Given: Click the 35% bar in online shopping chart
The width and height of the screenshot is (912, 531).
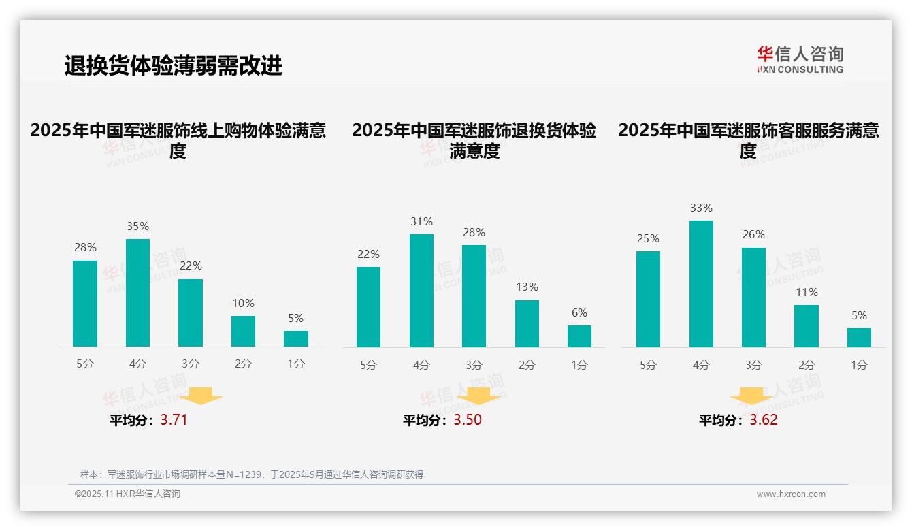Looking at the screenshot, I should [137, 293].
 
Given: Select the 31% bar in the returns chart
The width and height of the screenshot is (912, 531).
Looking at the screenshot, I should [421, 291].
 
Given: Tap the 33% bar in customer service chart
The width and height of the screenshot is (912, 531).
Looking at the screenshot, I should [701, 284].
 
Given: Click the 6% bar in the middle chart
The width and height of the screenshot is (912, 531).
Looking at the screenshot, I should [579, 336].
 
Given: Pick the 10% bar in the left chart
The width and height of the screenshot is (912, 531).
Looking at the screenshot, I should [243, 332].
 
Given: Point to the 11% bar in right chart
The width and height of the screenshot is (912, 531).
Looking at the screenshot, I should [807, 326].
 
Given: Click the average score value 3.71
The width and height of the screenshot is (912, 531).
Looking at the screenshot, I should [174, 419].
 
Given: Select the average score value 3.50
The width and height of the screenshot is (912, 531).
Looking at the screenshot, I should [468, 419].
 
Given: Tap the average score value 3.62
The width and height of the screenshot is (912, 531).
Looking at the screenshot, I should [764, 419].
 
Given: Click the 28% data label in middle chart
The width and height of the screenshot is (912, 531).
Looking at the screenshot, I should [474, 233].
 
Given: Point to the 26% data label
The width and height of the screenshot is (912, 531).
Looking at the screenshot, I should [753, 234].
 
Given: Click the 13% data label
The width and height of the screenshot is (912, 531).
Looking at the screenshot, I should [527, 287].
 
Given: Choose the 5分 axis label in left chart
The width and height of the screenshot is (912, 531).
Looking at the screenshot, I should [85, 364].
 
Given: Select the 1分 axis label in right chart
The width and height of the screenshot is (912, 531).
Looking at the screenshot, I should [859, 365].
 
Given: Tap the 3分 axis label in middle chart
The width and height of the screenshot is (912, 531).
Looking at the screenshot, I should [474, 365].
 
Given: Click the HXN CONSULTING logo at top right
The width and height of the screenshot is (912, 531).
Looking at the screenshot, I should [800, 59].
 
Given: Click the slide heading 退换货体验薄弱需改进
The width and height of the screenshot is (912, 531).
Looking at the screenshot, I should [173, 65].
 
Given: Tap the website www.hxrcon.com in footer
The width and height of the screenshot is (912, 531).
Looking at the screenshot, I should [790, 494].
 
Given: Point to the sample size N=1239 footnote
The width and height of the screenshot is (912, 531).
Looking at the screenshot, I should [251, 474].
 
